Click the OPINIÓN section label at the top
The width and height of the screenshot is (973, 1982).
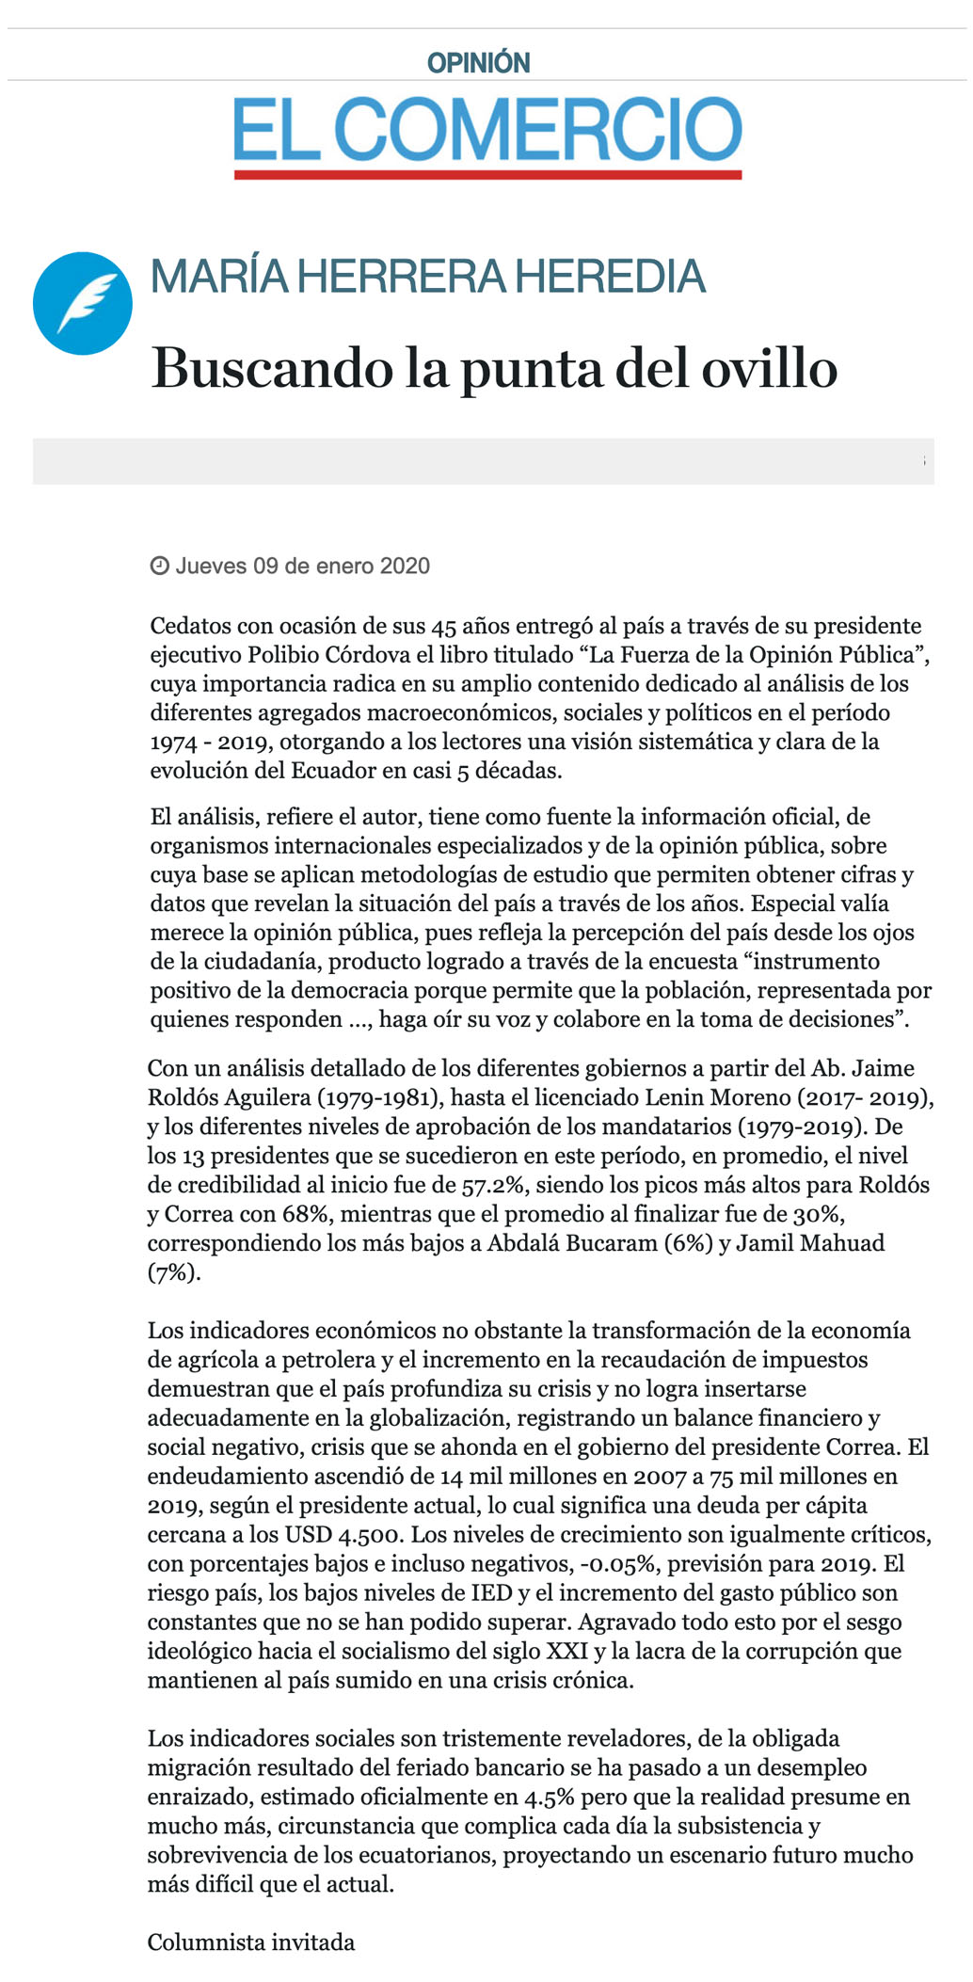[x=478, y=63]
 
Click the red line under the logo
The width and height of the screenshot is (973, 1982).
[x=487, y=174]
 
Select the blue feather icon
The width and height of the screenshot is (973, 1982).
[x=83, y=303]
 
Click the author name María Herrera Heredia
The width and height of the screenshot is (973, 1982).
[x=428, y=277]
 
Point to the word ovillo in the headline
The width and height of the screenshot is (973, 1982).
[x=769, y=368]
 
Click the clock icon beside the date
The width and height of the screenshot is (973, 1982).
[x=159, y=566]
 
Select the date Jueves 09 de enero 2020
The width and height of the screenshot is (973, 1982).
[x=302, y=566]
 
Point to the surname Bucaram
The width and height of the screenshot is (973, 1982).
[x=611, y=1243]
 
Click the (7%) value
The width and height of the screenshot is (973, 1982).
[x=173, y=1272]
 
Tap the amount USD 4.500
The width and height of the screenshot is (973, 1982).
[x=344, y=1535]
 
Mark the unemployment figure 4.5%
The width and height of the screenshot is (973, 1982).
[x=549, y=1798]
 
